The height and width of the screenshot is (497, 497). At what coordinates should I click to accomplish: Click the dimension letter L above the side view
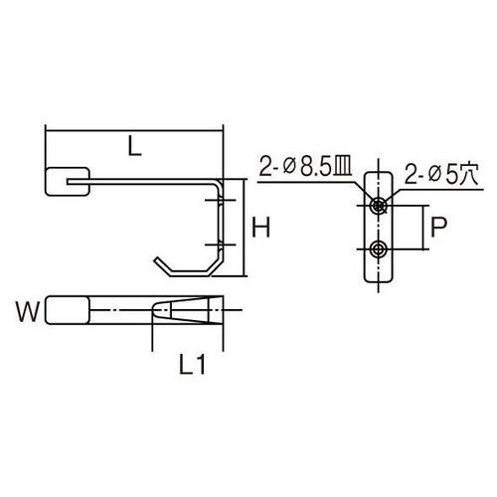tap(133, 145)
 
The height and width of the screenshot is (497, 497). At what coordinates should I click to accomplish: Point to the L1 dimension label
tap(193, 367)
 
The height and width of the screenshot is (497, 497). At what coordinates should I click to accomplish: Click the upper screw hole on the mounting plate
tap(379, 205)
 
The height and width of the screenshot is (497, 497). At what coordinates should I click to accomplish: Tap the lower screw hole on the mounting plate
tap(379, 248)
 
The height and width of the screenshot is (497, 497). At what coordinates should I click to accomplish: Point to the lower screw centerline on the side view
tap(219, 245)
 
